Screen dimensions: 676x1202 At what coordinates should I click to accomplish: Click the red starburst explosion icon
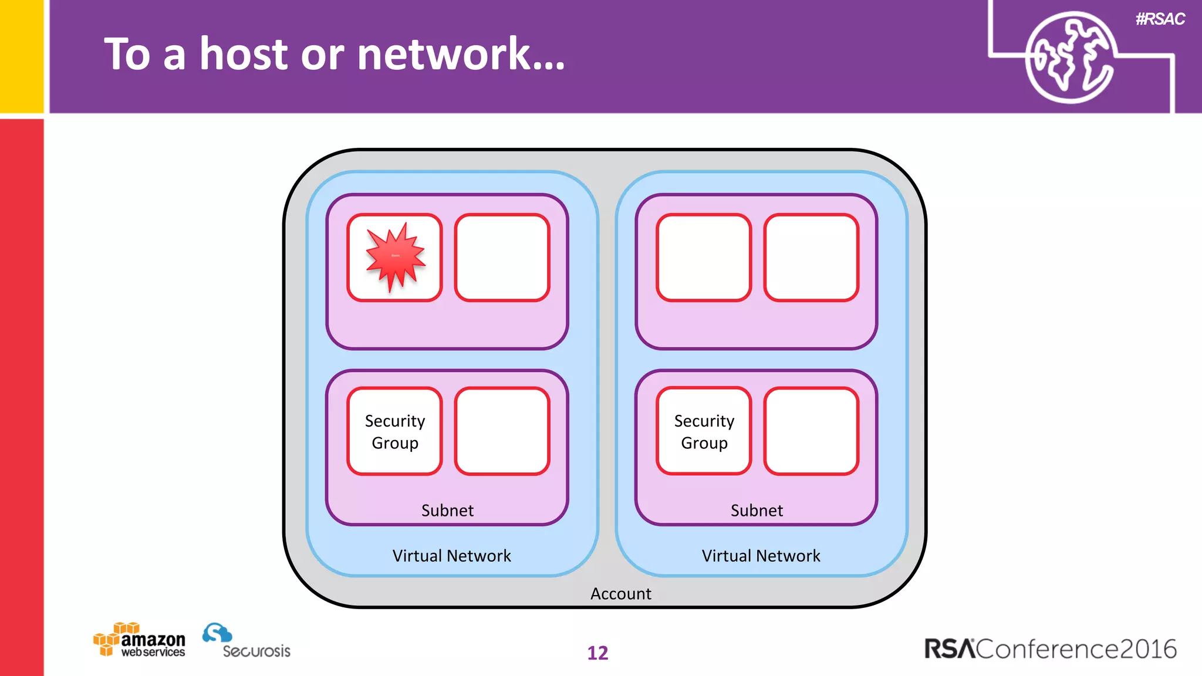pyautogui.click(x=395, y=256)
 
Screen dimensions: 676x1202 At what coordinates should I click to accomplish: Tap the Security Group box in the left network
pyautogui.click(x=394, y=431)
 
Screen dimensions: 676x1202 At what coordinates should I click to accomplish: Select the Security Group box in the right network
pyautogui.click(x=704, y=431)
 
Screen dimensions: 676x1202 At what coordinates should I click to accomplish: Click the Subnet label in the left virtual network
pyautogui.click(x=447, y=510)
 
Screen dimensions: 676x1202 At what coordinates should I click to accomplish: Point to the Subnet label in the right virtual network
pyautogui.click(x=757, y=510)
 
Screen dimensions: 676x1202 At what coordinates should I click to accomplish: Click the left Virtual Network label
pyautogui.click(x=451, y=555)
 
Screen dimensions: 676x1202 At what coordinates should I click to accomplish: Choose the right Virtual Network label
pyautogui.click(x=761, y=555)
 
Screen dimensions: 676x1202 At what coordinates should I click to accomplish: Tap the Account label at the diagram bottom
pyautogui.click(x=620, y=593)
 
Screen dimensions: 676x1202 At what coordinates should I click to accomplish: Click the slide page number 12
pyautogui.click(x=597, y=653)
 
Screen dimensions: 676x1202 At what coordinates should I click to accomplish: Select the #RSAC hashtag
pyautogui.click(x=1160, y=19)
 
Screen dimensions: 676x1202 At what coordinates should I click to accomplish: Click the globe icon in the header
pyautogui.click(x=1070, y=57)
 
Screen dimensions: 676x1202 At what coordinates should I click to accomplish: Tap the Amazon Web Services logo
pyautogui.click(x=140, y=640)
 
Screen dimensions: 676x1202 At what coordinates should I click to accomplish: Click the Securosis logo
pyautogui.click(x=247, y=641)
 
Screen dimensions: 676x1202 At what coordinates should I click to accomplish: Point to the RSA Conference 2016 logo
pyautogui.click(x=1050, y=648)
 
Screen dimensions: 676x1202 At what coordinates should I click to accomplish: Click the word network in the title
pyautogui.click(x=461, y=54)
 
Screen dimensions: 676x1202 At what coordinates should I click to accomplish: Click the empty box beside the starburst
pyautogui.click(x=502, y=258)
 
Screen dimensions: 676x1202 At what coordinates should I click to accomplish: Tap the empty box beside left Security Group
pyautogui.click(x=502, y=431)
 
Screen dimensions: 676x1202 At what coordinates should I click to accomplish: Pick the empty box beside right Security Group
pyautogui.click(x=811, y=431)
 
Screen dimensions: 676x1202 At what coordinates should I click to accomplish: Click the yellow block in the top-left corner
pyautogui.click(x=22, y=56)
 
